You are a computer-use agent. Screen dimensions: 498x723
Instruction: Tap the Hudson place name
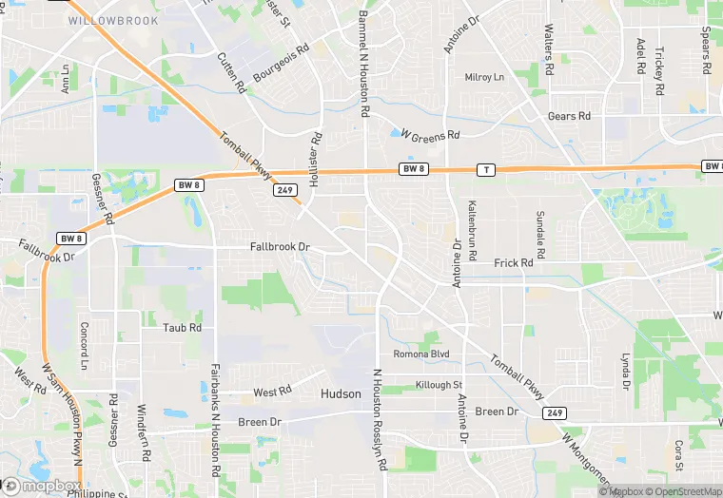point(341,393)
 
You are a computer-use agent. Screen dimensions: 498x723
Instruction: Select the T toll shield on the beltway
point(487,170)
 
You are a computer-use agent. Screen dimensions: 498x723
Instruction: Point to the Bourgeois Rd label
point(282,62)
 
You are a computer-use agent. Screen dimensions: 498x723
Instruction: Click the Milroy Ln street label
point(484,77)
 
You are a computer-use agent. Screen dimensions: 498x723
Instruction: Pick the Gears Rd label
point(569,116)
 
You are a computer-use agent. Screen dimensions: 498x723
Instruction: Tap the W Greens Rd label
point(431,135)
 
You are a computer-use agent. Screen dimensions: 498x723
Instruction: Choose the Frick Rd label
point(514,262)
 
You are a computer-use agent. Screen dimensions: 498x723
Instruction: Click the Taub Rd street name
point(183,327)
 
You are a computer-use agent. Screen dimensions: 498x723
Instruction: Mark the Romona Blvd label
point(421,354)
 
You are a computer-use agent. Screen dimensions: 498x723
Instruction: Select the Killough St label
point(439,385)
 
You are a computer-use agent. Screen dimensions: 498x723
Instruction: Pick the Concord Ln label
point(84,346)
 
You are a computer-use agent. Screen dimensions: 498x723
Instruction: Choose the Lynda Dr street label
point(625,373)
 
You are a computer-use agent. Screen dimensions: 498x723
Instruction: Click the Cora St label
point(678,455)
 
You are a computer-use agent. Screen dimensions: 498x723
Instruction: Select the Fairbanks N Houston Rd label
point(217,419)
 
